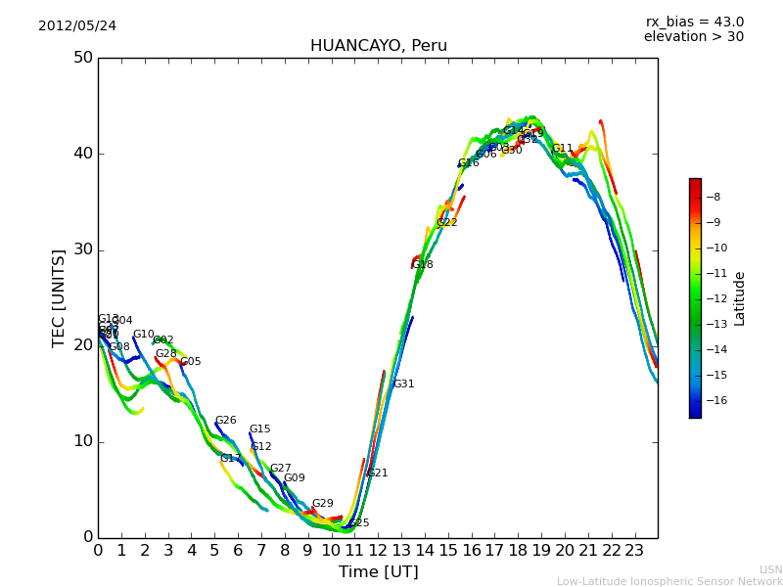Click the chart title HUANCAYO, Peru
378,46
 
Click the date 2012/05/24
77,25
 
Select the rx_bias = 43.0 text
694,22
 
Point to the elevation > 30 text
693,37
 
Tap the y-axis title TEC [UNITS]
60,297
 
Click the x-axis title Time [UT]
378,571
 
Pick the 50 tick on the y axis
83,58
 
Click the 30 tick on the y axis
83,249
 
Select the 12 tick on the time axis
378,550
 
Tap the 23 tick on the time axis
634,550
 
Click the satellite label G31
403,384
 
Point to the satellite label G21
377,474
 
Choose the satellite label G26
225,421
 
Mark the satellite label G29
322,504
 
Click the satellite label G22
446,223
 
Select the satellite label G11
562,149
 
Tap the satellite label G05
190,362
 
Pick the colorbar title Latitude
740,298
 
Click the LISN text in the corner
770,569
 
